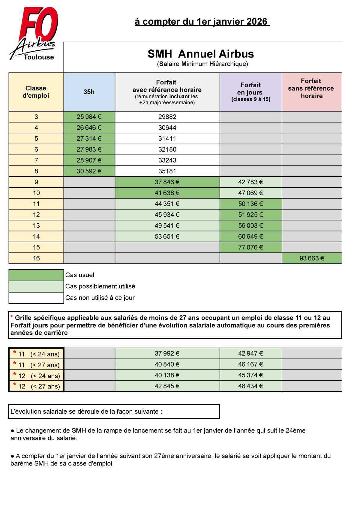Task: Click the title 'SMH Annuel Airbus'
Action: (x=201, y=54)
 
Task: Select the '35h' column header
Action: (x=89, y=92)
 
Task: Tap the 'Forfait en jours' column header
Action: (x=250, y=92)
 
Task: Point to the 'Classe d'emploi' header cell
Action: (x=36, y=92)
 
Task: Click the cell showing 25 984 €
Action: (x=89, y=117)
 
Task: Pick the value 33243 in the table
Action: (x=167, y=160)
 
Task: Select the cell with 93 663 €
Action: (x=312, y=258)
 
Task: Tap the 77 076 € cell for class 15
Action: (x=250, y=247)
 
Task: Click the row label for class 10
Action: (x=36, y=193)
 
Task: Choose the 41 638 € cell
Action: (x=167, y=193)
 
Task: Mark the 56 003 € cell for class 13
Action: (x=250, y=226)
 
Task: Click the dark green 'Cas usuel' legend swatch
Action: (x=36, y=275)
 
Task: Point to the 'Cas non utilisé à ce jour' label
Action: (x=100, y=298)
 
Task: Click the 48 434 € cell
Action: (x=250, y=386)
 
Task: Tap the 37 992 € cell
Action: (x=167, y=354)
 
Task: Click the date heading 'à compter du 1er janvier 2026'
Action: (x=202, y=22)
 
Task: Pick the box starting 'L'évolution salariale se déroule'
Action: (x=114, y=412)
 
